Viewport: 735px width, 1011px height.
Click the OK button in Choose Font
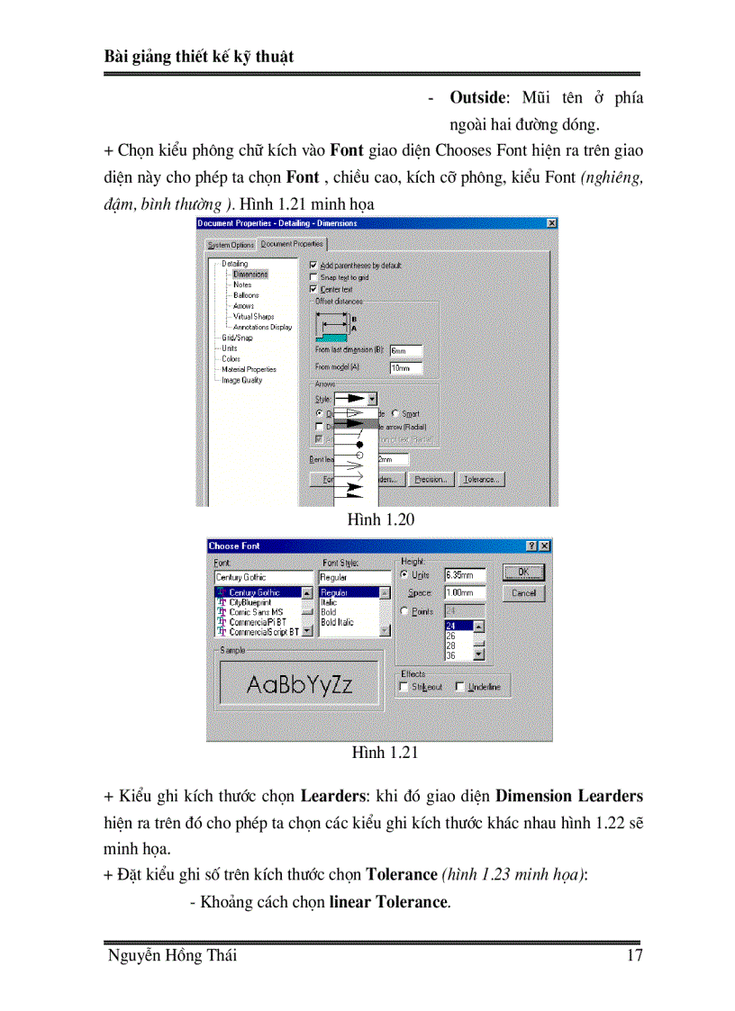coord(523,573)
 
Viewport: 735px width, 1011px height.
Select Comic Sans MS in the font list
coord(256,612)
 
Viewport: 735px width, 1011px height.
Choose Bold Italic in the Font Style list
coord(338,622)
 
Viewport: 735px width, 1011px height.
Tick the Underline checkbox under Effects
coord(461,688)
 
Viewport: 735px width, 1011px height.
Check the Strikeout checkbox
coord(403,688)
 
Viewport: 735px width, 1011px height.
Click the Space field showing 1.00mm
coord(464,593)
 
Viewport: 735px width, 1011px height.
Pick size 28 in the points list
coord(451,645)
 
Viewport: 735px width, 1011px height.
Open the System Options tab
coord(231,245)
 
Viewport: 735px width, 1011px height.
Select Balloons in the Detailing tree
coord(246,295)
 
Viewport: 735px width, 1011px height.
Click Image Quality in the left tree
coord(242,380)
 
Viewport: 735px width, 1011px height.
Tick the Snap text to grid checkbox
coord(313,278)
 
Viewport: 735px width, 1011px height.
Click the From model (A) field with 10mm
coord(404,368)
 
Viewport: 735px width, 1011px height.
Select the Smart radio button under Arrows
coord(395,414)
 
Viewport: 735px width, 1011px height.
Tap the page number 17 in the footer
coord(633,956)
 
